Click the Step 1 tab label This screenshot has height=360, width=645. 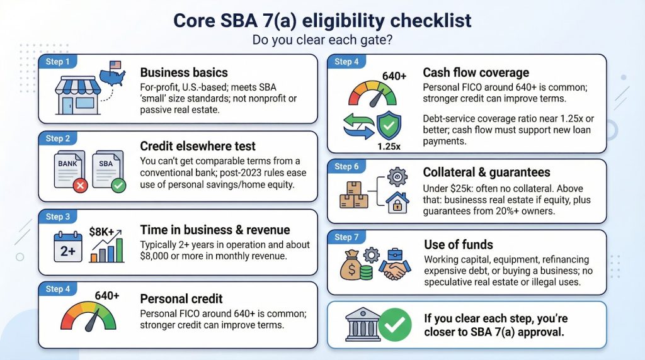57,62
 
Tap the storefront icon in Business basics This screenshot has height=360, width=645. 77,95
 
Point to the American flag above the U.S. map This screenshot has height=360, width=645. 115,65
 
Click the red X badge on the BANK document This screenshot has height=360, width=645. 80,186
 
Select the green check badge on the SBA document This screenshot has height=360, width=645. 118,186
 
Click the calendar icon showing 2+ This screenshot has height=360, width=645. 68,247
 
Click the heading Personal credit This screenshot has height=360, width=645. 181,299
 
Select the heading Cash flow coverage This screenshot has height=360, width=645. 476,73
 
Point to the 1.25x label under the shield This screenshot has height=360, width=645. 389,146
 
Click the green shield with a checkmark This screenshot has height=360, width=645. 389,125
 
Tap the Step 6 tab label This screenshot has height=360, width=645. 346,166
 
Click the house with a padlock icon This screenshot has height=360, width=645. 397,203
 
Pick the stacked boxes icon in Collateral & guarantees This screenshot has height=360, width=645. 354,195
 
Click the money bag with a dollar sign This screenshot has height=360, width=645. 351,266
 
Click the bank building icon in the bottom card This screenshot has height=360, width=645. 363,324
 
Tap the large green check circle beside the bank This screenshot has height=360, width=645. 395,325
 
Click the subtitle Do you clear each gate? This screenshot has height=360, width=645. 322,40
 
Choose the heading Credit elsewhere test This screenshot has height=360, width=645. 197,146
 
